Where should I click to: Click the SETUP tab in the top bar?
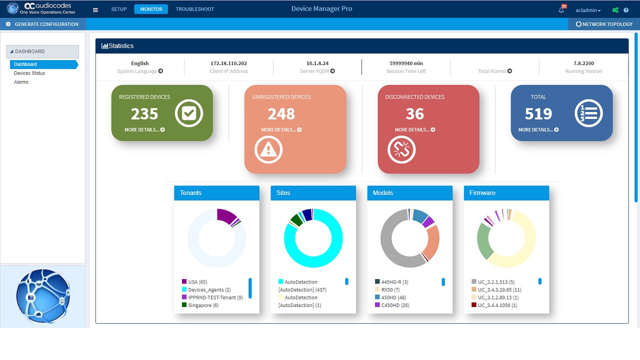[x=118, y=9]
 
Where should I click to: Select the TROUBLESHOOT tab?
[x=194, y=9]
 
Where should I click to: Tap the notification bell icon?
[x=561, y=10]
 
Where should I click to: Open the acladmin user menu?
[x=588, y=10]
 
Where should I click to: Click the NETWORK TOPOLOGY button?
[x=604, y=24]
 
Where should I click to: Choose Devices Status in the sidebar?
[x=29, y=73]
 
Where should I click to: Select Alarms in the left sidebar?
[x=21, y=82]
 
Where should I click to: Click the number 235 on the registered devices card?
[x=144, y=114]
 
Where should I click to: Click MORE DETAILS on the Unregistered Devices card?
[x=281, y=130]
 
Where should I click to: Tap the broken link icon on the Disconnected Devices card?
[x=401, y=149]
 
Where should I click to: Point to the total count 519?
[x=538, y=114]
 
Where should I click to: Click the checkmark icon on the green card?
[x=189, y=113]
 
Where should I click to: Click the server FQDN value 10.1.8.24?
[x=317, y=63]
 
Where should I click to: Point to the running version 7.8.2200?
[x=583, y=63]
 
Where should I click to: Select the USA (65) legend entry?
[x=197, y=282]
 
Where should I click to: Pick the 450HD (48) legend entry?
[x=394, y=297]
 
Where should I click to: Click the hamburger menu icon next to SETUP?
[x=95, y=9]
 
